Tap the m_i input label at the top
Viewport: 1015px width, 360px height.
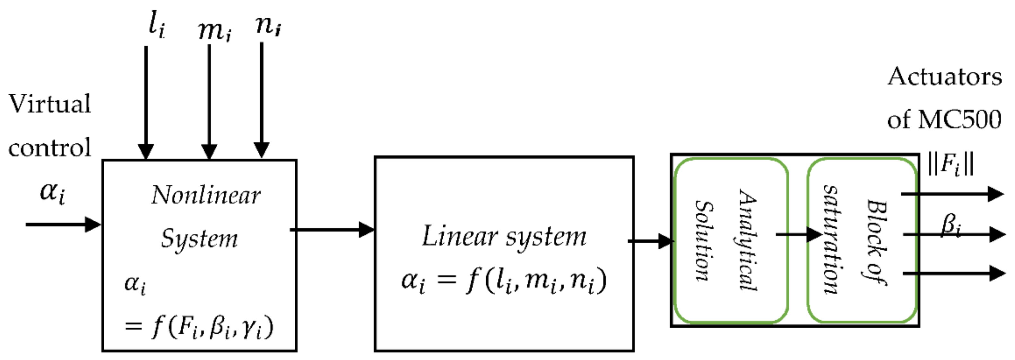[x=214, y=30]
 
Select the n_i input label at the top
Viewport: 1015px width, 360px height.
[x=268, y=26]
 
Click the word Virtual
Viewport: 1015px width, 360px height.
[x=50, y=104]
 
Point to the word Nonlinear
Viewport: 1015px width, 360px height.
[x=206, y=195]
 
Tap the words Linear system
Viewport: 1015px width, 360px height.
[x=504, y=237]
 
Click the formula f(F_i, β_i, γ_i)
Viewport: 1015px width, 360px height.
[x=213, y=327]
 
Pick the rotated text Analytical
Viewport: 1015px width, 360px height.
[x=748, y=240]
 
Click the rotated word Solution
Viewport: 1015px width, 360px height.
[x=704, y=241]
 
